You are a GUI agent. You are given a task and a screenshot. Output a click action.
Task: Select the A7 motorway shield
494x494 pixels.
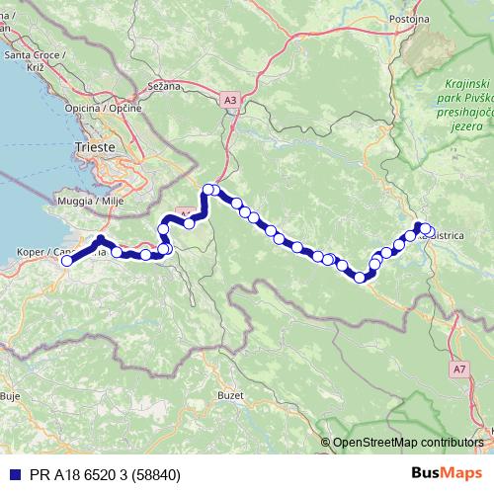tap(459, 369)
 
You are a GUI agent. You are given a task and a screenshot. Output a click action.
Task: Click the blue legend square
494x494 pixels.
tap(12, 474)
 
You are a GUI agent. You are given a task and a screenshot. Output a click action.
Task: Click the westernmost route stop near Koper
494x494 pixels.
tap(66, 261)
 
